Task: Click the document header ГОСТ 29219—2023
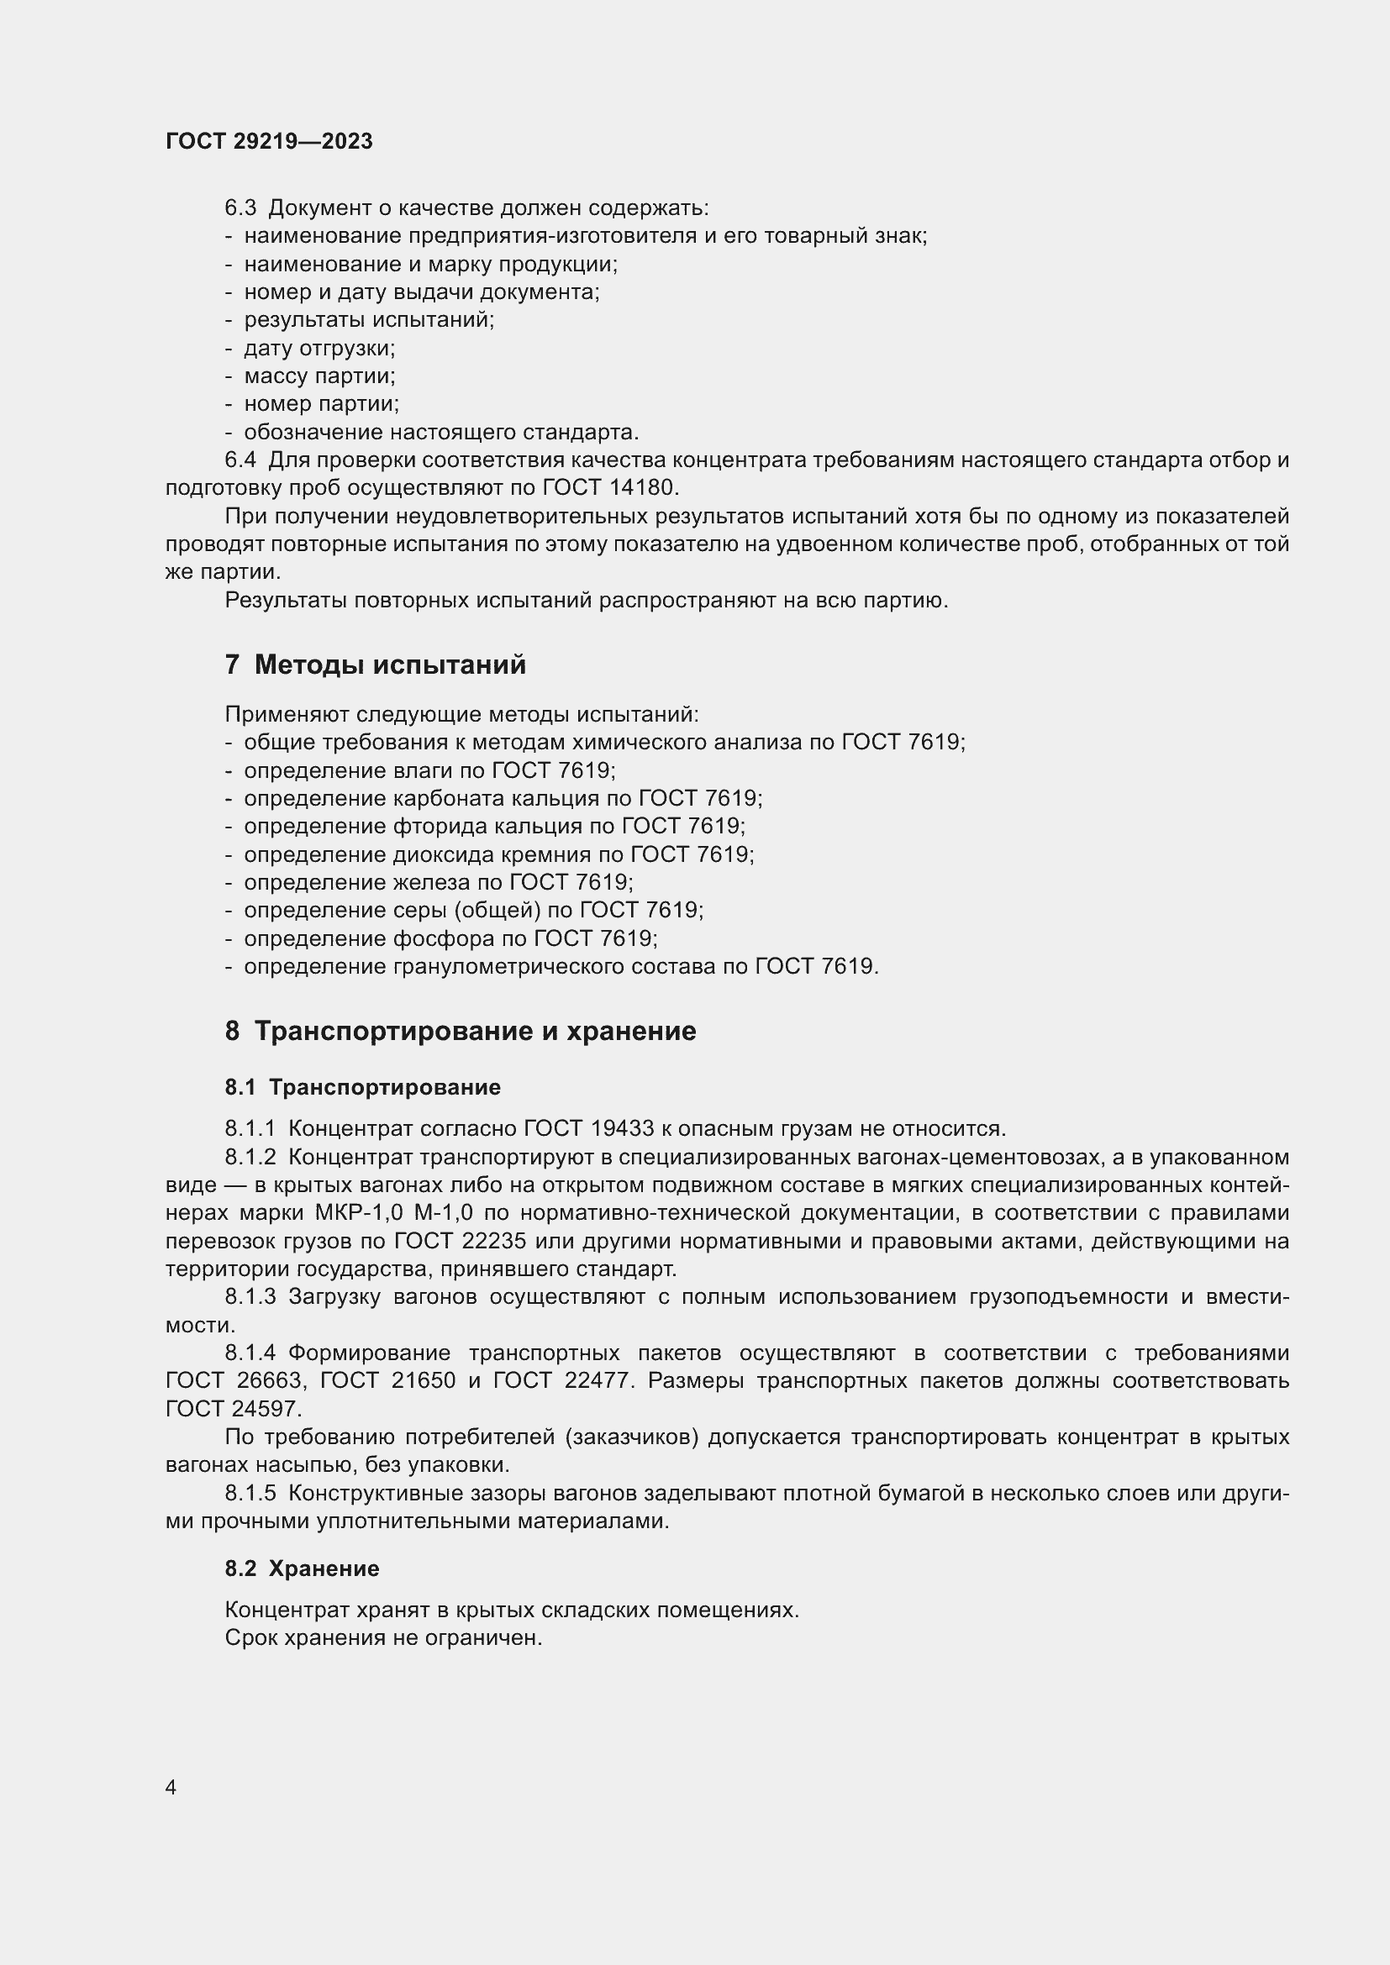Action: point(269,141)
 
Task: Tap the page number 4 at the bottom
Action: point(171,1787)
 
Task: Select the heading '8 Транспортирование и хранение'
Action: point(461,1031)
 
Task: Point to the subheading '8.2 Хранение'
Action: point(303,1568)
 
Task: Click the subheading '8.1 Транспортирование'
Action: point(363,1087)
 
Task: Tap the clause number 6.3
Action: point(240,208)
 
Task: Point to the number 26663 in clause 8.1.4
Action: point(270,1380)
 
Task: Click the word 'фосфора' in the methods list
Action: point(444,939)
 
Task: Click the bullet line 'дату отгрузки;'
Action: point(319,349)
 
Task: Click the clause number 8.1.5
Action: point(250,1494)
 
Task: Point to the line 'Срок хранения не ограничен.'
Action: point(383,1638)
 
